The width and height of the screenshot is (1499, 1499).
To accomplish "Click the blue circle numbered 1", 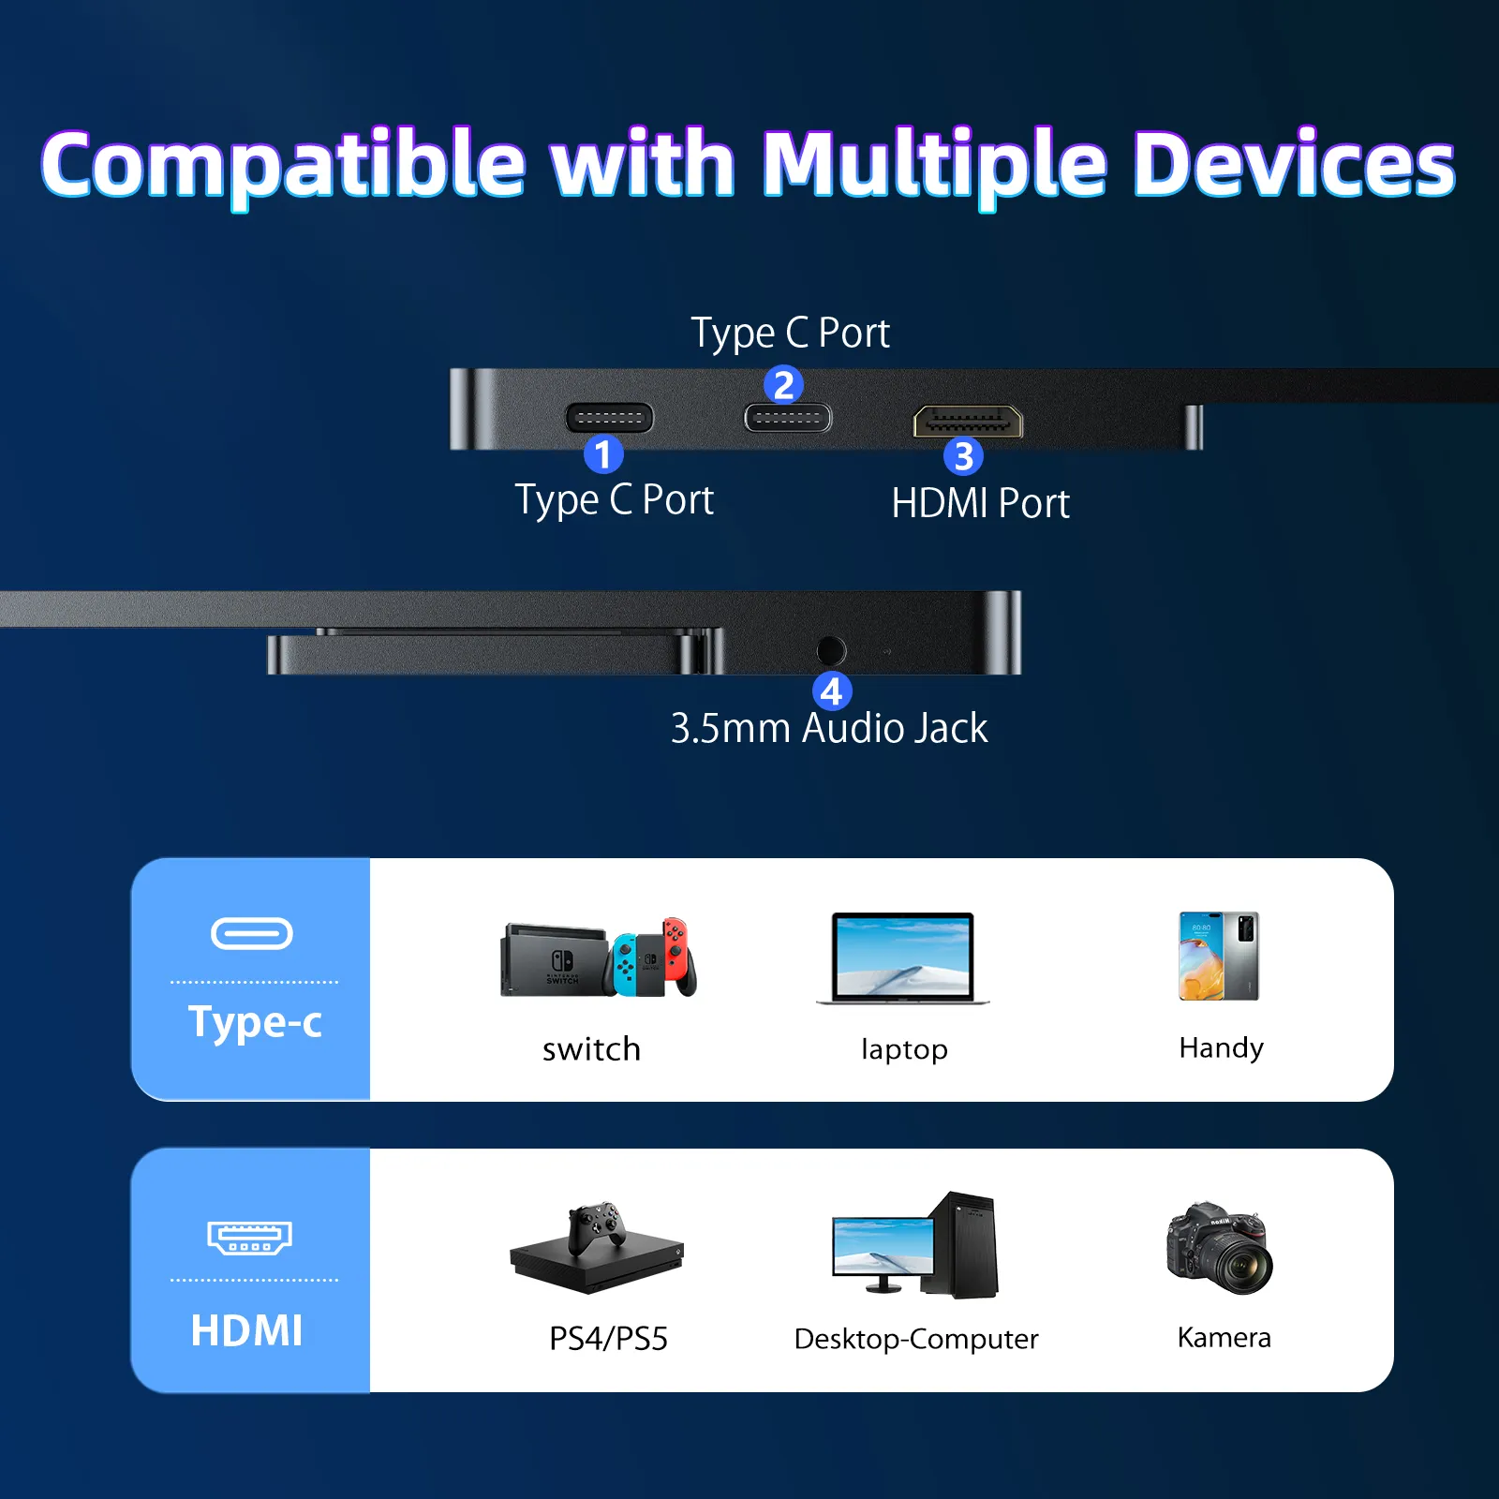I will [x=603, y=454].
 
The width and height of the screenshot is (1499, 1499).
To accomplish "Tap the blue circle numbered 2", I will [x=783, y=384].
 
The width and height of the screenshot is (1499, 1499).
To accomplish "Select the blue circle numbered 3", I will [x=963, y=456].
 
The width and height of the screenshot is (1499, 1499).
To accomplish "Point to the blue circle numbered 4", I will [x=831, y=691].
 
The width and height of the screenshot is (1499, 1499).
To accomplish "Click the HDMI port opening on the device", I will [x=968, y=422].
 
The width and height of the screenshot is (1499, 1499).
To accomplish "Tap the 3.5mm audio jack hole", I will [x=831, y=650].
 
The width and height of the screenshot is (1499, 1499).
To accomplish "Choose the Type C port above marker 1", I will [x=609, y=418].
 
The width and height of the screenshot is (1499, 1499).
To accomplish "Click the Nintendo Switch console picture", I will [x=599, y=958].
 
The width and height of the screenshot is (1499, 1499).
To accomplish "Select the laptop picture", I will [x=903, y=958].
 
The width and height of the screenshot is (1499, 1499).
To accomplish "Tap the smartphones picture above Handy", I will [x=1219, y=956].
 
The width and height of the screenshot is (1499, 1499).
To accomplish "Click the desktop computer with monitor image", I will [x=915, y=1246].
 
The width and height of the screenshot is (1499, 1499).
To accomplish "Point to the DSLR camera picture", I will [x=1220, y=1248].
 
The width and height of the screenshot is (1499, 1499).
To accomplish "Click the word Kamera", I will [x=1224, y=1337].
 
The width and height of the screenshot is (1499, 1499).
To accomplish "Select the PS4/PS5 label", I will [x=608, y=1339].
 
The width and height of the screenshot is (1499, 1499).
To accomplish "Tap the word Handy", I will [x=1221, y=1047].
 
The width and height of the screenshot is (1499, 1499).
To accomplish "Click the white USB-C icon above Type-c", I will [x=252, y=933].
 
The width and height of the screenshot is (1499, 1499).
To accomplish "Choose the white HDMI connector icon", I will [x=249, y=1237].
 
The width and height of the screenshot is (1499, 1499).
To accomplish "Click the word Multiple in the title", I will [x=934, y=165].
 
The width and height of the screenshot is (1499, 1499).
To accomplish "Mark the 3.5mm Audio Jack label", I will [x=829, y=729].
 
